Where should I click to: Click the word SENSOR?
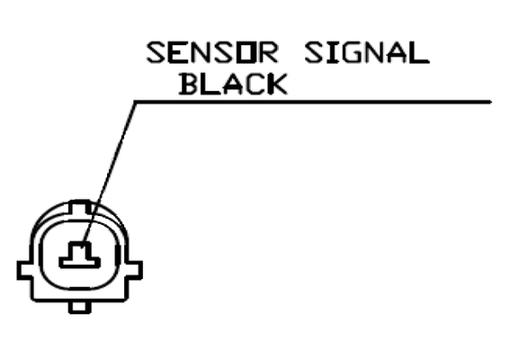click(x=212, y=52)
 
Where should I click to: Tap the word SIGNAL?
click(x=367, y=52)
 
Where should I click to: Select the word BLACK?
click(x=233, y=84)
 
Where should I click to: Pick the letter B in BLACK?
click(x=189, y=84)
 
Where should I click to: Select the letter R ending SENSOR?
click(x=268, y=52)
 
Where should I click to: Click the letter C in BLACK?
click(x=255, y=84)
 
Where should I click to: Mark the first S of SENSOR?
click(x=157, y=52)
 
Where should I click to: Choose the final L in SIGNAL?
click(x=420, y=52)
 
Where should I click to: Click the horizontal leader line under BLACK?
click(x=313, y=103)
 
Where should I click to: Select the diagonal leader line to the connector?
click(x=110, y=173)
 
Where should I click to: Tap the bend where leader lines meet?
click(x=135, y=103)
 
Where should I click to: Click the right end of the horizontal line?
click(x=491, y=103)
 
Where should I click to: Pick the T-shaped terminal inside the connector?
click(x=80, y=256)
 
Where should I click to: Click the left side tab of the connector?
click(x=24, y=270)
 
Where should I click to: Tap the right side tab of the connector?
click(x=134, y=270)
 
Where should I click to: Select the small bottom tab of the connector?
click(x=80, y=307)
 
